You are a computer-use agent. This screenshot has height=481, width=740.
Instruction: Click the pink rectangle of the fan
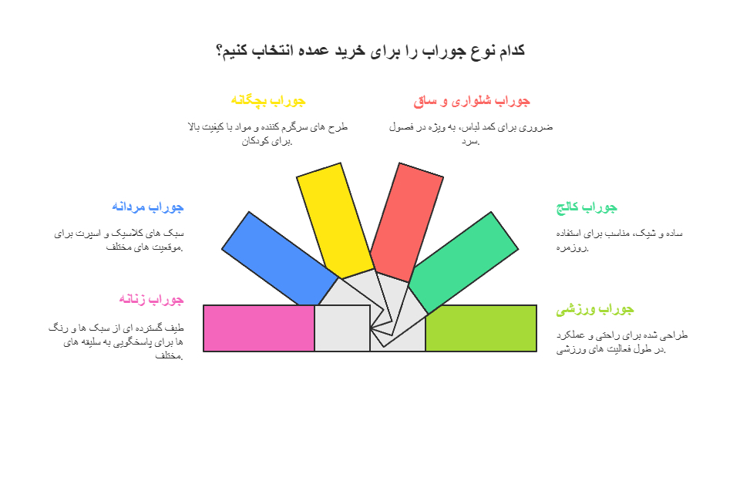coord(259,328)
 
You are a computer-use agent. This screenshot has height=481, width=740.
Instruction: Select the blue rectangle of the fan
coord(280,259)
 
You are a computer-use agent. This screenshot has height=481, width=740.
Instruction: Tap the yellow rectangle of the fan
coord(335,221)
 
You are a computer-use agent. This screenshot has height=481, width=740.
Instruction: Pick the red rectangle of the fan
coord(407,222)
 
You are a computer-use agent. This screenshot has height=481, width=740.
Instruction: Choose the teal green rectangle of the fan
coord(463,263)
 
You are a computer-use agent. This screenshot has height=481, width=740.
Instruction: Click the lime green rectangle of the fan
coord(481,328)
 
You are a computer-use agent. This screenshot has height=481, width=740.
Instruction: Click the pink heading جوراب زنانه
coord(151,299)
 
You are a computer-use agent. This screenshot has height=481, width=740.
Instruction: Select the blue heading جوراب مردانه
coord(148,207)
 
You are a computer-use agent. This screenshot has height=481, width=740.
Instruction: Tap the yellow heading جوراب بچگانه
coord(268,100)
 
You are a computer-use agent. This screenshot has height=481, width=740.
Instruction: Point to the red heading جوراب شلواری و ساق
coord(472,101)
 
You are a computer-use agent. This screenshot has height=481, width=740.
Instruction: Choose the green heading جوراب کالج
coord(587,207)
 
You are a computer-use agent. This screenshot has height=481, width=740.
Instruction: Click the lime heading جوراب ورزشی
coord(594,310)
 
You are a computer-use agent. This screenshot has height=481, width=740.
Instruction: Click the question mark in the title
coord(220,51)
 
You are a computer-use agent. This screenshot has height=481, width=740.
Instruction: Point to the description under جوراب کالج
coord(619,240)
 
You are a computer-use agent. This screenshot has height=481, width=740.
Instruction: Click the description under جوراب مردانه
coord(119,240)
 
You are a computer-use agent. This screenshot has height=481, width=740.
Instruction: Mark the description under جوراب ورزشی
coord(621,342)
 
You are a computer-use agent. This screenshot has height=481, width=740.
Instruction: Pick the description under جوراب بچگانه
coord(267,134)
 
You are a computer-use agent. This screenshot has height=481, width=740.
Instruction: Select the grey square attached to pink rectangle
coord(342,328)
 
